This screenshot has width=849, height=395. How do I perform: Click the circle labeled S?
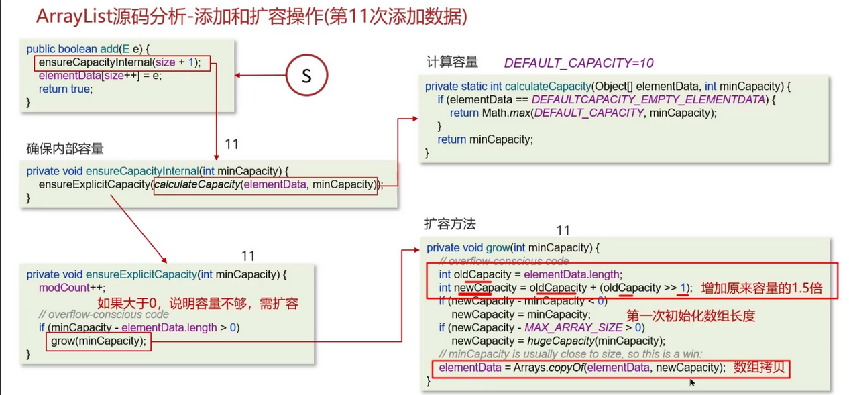point(306,75)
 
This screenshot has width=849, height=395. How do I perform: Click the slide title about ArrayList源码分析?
point(251,17)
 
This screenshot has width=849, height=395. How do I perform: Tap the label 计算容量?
point(452,62)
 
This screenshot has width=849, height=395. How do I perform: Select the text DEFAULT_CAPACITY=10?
point(579,63)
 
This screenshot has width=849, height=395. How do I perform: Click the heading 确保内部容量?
point(65,148)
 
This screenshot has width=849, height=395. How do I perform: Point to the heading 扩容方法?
point(451,223)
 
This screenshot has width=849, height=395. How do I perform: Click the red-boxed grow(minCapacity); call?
point(99,341)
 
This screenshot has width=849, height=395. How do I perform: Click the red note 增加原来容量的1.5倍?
point(761,288)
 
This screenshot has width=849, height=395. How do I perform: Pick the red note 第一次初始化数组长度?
point(691,315)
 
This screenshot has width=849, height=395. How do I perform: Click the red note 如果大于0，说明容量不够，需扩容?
point(198,303)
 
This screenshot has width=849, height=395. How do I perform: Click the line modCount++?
point(64,288)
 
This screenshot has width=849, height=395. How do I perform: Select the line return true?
point(65,89)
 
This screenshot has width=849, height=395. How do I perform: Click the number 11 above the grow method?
point(563,231)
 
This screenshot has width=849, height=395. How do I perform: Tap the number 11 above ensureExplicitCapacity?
point(248,256)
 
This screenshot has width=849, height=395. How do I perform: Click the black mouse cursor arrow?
point(692,382)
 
